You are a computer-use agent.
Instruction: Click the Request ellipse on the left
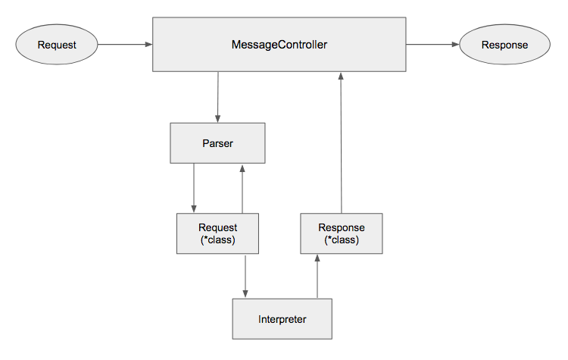click(x=57, y=45)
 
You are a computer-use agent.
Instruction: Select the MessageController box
click(x=279, y=45)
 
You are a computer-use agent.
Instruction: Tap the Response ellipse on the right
click(x=504, y=45)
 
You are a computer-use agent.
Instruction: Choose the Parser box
click(x=217, y=143)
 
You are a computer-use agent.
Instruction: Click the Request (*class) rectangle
click(x=217, y=233)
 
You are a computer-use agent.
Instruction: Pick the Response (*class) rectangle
click(x=342, y=233)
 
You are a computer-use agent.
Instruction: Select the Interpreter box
click(x=281, y=319)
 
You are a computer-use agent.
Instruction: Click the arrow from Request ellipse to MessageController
click(x=125, y=45)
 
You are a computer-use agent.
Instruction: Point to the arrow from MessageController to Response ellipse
click(x=432, y=45)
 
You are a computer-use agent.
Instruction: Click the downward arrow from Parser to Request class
click(x=195, y=188)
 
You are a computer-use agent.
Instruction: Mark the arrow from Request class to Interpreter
click(x=246, y=277)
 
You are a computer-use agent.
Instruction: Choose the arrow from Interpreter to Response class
click(x=317, y=277)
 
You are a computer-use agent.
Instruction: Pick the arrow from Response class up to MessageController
click(x=342, y=144)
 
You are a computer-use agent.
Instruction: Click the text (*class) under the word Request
click(x=217, y=240)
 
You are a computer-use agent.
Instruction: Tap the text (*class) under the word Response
click(x=342, y=240)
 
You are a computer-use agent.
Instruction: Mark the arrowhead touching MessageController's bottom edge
click(x=342, y=77)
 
